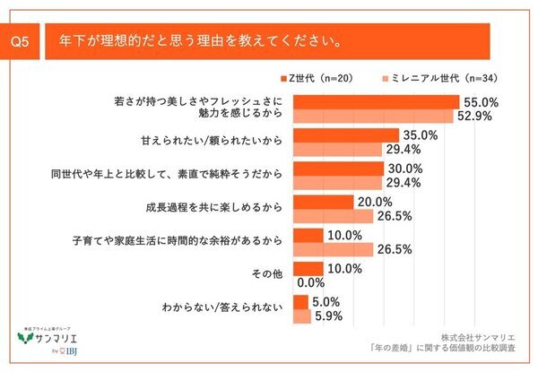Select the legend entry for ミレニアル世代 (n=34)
click(439, 78)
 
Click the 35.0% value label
click(420, 135)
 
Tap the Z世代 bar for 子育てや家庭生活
click(308, 234)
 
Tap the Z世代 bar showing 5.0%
click(300, 300)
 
